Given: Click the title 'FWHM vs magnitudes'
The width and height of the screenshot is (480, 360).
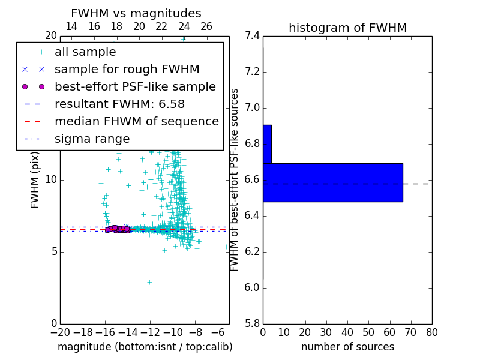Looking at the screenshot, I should [136, 13].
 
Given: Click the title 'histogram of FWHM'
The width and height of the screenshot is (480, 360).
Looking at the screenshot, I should [347, 28].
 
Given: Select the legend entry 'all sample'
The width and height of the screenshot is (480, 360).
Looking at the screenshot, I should [85, 52].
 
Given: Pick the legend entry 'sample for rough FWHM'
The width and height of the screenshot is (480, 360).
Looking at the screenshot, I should [127, 70].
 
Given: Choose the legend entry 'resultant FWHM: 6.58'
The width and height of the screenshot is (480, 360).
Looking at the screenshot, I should [119, 104].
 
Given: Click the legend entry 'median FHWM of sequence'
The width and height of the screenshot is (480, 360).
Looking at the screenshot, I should [136, 122].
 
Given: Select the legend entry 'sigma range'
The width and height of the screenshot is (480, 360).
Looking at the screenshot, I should [92, 139].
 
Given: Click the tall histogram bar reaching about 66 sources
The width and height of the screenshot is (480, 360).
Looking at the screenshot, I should [332, 182].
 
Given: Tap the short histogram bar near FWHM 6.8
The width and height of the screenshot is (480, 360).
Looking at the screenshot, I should [267, 144].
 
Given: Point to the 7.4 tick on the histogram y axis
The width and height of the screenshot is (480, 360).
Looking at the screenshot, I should [253, 36].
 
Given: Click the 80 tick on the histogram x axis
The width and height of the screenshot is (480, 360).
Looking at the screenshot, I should [431, 332].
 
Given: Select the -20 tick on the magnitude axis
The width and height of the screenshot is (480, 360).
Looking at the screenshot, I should [60, 332].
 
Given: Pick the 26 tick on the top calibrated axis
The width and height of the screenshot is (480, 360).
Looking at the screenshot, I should [206, 26].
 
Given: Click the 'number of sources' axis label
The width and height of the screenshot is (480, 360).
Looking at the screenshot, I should [347, 347].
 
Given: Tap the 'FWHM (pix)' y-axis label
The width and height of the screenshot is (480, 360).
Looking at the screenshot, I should [35, 180].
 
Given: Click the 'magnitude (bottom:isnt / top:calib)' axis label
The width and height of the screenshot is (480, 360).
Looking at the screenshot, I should [145, 347].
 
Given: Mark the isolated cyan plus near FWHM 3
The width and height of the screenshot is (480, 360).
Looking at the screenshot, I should [149, 281].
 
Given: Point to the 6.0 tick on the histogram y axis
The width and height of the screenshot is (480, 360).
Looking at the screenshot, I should [253, 287].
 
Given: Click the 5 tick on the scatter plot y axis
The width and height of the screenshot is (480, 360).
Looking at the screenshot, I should [53, 251].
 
